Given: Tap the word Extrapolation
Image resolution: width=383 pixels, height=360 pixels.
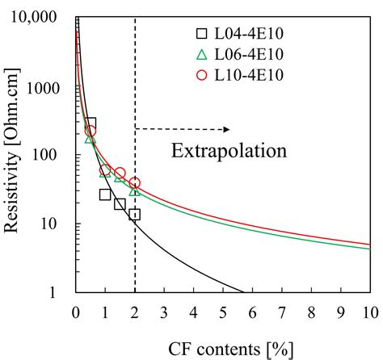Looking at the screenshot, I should click(x=229, y=151).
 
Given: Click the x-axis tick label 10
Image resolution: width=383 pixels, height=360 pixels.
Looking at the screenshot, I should click(x=369, y=312).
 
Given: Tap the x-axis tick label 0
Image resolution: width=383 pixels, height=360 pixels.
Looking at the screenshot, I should click(x=76, y=312).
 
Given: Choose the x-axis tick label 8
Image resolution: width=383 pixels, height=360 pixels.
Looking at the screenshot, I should click(x=311, y=312).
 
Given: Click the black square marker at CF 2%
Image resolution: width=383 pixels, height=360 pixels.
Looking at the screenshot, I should click(x=135, y=215).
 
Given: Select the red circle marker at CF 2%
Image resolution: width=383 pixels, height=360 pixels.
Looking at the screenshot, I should click(x=135, y=183).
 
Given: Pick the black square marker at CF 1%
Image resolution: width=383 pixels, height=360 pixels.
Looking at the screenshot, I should click(x=105, y=195).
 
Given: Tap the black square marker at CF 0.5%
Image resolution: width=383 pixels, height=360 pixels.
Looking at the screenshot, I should click(x=90, y=123).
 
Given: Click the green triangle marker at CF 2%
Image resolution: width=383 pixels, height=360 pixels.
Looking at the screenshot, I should click(x=135, y=190).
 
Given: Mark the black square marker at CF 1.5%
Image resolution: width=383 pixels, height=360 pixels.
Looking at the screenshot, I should click(x=120, y=204).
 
